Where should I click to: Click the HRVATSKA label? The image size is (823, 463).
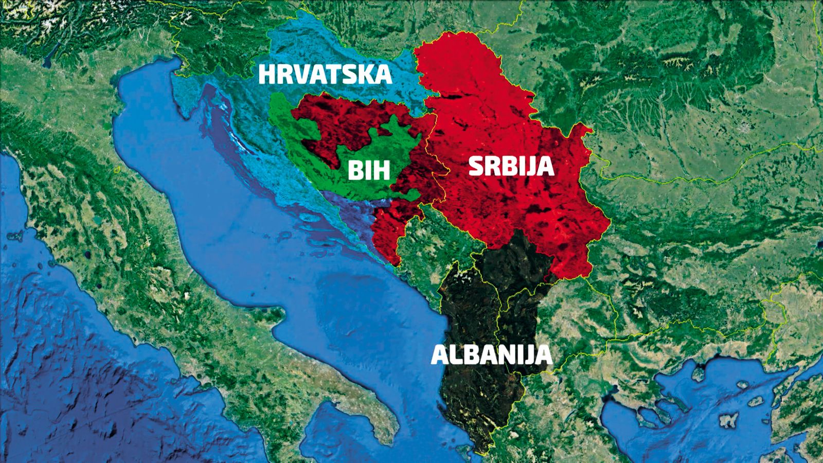[x=325, y=74]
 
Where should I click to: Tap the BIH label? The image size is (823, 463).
[x=368, y=170]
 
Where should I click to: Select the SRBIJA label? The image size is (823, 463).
[x=511, y=167]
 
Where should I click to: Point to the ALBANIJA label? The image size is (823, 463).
[x=491, y=355]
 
